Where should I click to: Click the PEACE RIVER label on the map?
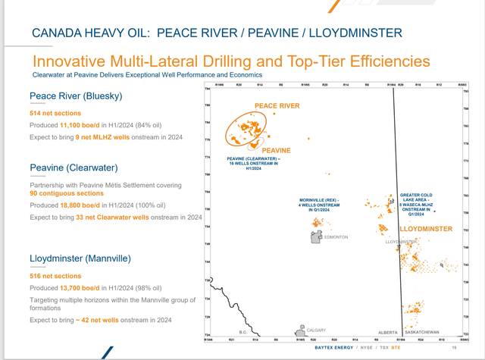click(x=277, y=105)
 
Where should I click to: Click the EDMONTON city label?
click(x=337, y=237)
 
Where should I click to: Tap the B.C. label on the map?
click(x=244, y=332)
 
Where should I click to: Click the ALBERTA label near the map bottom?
click(x=388, y=333)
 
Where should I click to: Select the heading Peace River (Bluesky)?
click(x=75, y=95)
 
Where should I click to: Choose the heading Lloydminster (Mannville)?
click(x=80, y=258)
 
